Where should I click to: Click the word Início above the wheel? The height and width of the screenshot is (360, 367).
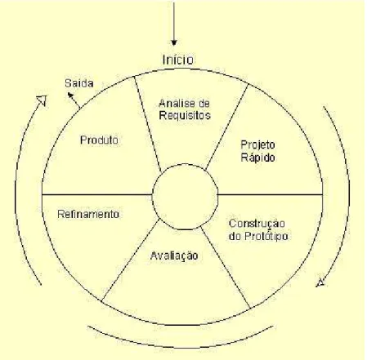pos(178,60)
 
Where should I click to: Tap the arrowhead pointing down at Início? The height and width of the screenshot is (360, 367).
pos(174,42)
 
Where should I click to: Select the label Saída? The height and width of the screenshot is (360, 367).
pos(79,83)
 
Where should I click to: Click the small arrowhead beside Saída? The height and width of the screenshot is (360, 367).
pos(70,95)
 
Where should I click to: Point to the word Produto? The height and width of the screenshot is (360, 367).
pos(99,140)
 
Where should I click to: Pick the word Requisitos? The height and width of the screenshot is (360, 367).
pos(185,115)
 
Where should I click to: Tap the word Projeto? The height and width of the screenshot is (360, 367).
pos(257,145)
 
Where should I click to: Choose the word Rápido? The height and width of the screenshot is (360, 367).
pos(257,158)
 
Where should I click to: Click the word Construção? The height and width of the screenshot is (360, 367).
pos(257,224)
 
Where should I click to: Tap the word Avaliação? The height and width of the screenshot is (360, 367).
pos(174,256)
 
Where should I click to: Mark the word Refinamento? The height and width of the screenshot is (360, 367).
pos(88,214)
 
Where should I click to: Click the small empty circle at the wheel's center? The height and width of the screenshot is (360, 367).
pos(186,164)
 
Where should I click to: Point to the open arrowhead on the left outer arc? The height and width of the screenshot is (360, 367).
pos(43,100)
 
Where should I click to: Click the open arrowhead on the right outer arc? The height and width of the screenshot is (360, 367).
pos(320,282)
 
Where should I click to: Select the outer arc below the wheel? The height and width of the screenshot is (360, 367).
pos(181,347)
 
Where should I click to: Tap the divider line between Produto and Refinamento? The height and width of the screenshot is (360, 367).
pos(97,194)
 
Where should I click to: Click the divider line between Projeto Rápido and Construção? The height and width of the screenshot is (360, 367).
pos(271,194)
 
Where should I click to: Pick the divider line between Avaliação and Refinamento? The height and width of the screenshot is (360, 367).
pos(130,260)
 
